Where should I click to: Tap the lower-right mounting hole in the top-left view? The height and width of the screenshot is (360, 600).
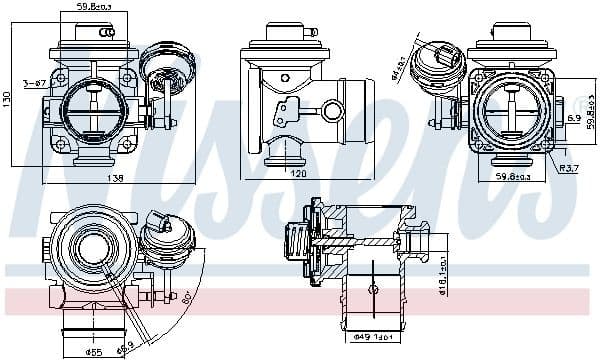pos(127,145)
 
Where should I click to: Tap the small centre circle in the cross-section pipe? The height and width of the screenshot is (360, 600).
pos(373,288)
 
